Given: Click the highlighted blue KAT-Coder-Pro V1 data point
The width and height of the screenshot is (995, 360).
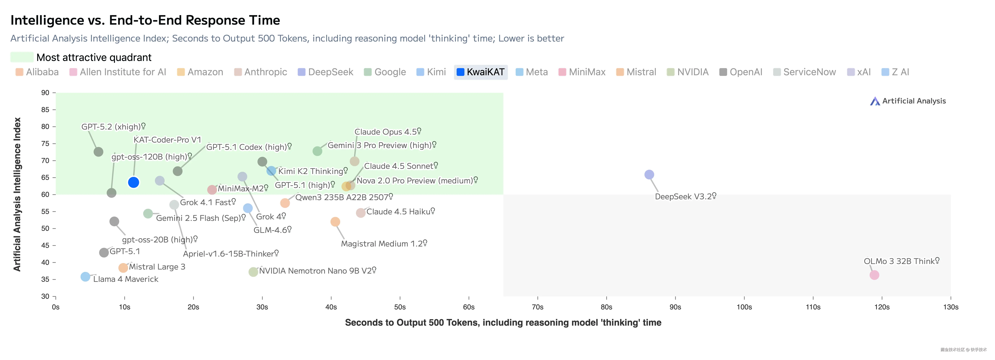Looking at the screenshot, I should point(133,182).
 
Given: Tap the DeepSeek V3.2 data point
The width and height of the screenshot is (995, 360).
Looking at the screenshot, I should point(649,175).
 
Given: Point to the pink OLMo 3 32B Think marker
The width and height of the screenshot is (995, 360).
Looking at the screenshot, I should point(874,275).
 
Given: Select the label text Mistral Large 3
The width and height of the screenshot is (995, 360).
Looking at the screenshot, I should point(157,267).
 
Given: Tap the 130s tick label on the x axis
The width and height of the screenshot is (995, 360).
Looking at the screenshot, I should point(951,307).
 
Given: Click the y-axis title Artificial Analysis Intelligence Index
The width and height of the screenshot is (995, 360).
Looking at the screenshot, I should point(17,194).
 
